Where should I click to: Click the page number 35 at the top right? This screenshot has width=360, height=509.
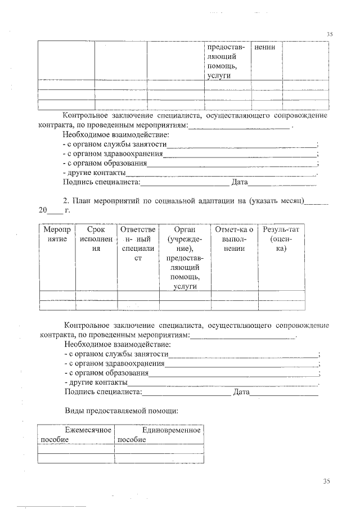pos(330,34)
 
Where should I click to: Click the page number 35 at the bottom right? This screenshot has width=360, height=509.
pos(328,481)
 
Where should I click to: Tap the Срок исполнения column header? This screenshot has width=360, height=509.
pos(96,239)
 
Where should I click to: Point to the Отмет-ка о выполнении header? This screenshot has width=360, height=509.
pos(233,238)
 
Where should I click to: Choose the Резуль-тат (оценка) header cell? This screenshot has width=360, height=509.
pos(281,238)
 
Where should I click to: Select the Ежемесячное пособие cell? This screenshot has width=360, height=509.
pos(75,434)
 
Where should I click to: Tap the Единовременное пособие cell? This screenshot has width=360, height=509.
pos(158,434)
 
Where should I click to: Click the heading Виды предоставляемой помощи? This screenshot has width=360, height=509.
pos(121,411)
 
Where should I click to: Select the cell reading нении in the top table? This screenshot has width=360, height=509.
pos(265,47)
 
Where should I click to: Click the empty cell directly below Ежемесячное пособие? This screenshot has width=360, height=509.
pos(75,448)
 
